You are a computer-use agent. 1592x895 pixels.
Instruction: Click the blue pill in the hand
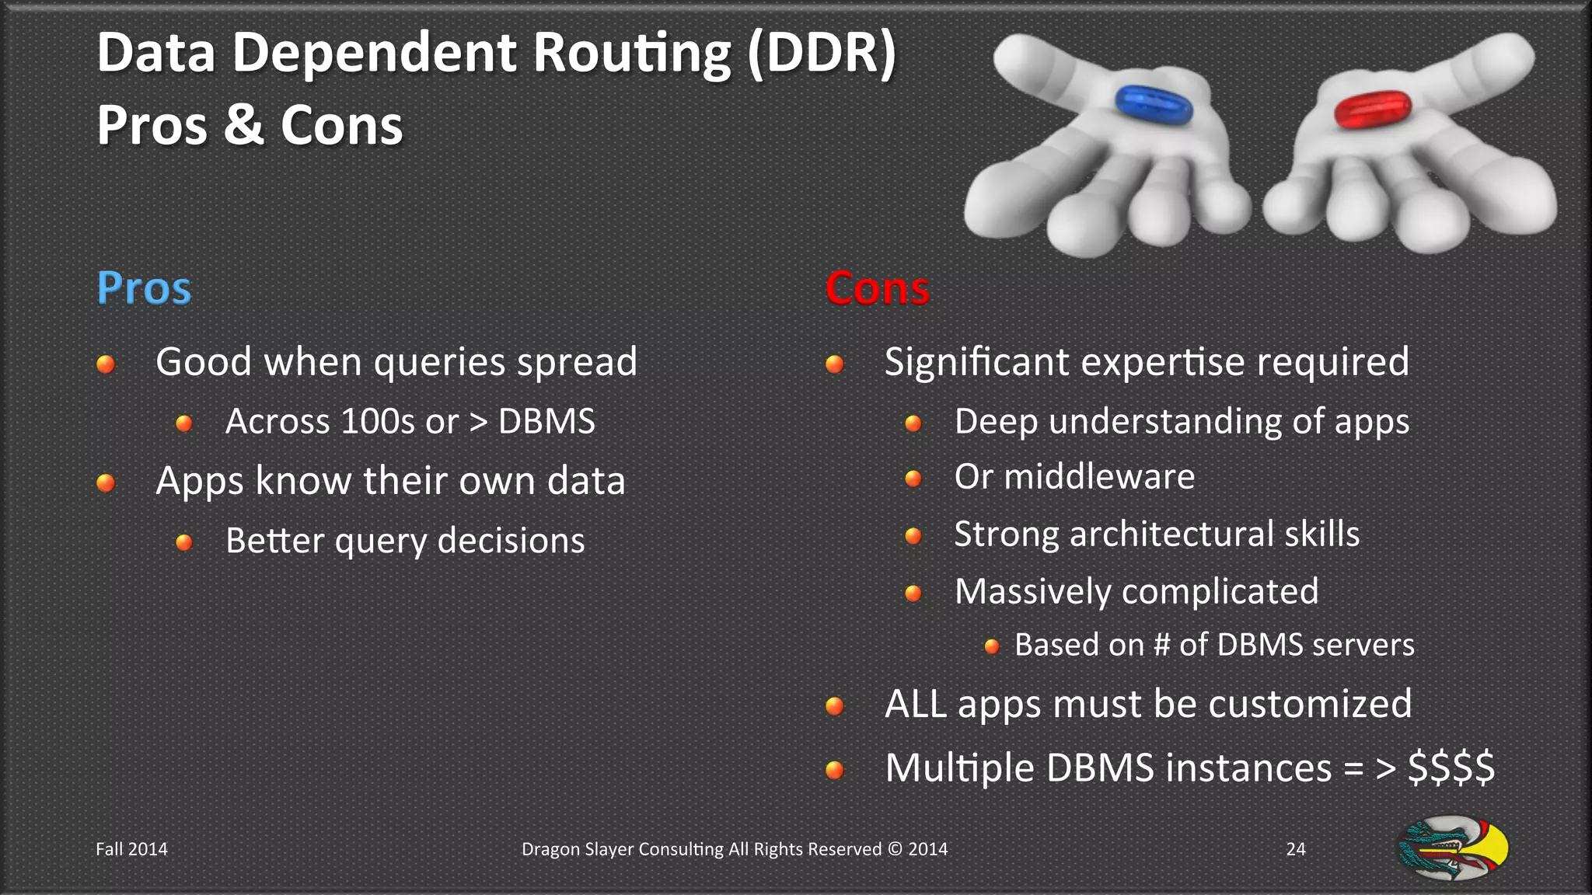pyautogui.click(x=1154, y=105)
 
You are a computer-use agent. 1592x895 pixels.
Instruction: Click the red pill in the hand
pyautogui.click(x=1372, y=110)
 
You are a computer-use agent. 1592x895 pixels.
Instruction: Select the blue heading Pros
pyautogui.click(x=144, y=288)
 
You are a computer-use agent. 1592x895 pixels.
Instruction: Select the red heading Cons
pyautogui.click(x=877, y=288)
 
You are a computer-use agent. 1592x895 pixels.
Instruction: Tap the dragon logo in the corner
pyautogui.click(x=1453, y=848)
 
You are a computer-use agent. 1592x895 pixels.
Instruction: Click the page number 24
pyautogui.click(x=1296, y=849)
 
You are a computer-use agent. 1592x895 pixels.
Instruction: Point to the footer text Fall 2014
pyautogui.click(x=131, y=849)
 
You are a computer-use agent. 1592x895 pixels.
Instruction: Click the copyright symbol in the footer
pyautogui.click(x=895, y=849)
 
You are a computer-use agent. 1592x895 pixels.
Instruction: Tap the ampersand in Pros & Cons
pyautogui.click(x=243, y=125)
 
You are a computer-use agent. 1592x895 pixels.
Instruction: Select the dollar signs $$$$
pyautogui.click(x=1451, y=768)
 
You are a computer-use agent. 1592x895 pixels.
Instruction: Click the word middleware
pyautogui.click(x=1099, y=476)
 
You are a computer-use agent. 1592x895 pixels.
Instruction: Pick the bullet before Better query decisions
pyautogui.click(x=184, y=542)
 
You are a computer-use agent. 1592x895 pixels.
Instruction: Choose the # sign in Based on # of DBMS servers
pyautogui.click(x=1161, y=645)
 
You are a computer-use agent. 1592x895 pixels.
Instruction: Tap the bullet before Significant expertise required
pyautogui.click(x=835, y=364)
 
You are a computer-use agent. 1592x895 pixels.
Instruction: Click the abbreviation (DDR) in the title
pyautogui.click(x=822, y=54)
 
